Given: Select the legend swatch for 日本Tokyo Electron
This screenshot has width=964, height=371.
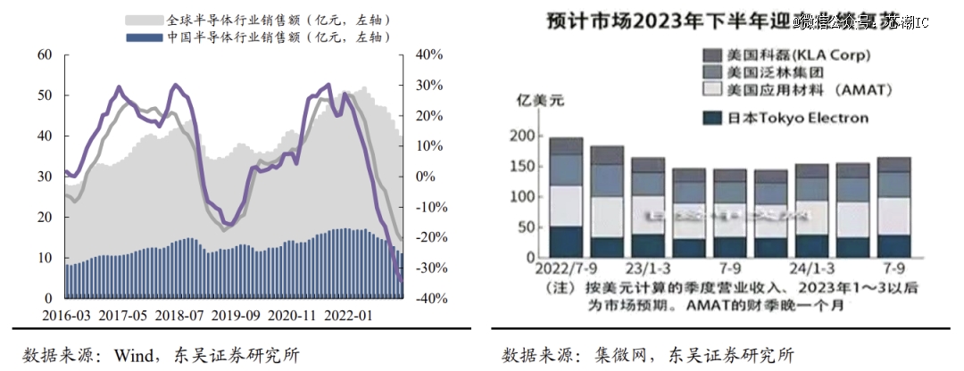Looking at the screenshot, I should pos(712,118).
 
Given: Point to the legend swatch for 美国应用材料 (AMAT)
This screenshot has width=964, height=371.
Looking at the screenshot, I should pos(712,90).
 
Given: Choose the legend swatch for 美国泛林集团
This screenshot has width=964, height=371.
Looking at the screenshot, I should pos(712,72).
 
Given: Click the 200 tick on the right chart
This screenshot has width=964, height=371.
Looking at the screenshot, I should pos(522,136).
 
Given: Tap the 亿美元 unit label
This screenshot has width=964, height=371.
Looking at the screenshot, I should pos(533,101).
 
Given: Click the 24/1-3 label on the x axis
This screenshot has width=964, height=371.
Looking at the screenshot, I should pos(811,268).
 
